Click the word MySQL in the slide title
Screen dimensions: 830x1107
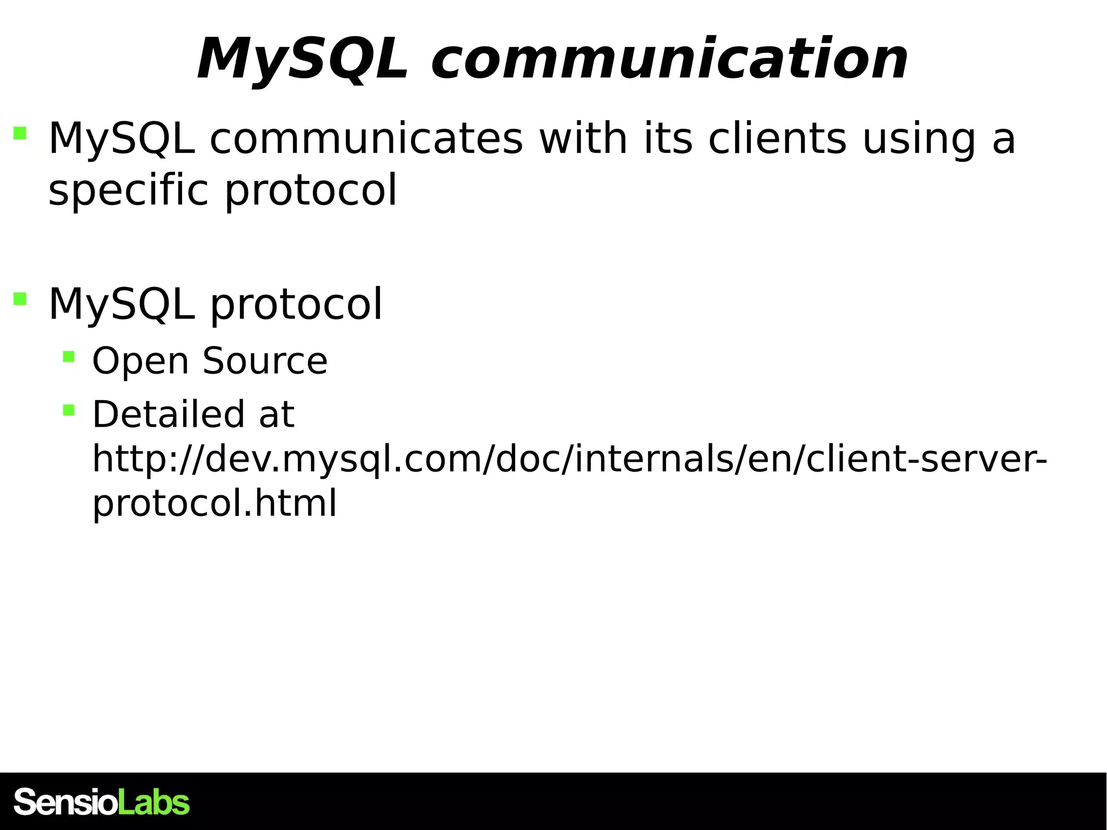coord(303,59)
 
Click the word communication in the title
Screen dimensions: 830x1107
coord(669,59)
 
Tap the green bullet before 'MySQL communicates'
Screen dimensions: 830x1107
coord(20,133)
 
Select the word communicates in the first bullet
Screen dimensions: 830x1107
coord(366,138)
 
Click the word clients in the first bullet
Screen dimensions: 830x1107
coord(777,138)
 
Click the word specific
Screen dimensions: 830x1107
coord(128,190)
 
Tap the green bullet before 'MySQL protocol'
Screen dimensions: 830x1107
coord(20,299)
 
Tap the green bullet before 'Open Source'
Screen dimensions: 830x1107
coord(69,356)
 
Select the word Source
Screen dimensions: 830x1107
coord(265,361)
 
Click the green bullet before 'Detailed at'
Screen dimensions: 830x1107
coord(69,410)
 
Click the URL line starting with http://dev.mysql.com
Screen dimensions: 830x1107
coord(569,459)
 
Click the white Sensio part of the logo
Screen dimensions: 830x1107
coord(65,802)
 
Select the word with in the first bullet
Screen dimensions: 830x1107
coord(583,138)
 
